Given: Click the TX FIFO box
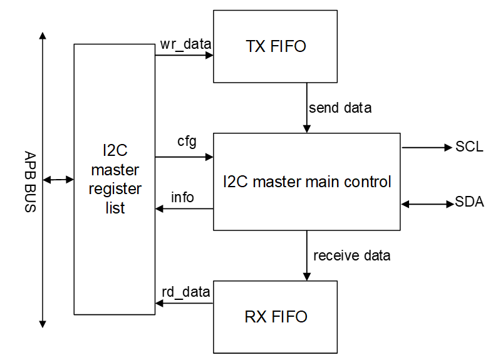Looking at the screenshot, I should click(276, 46).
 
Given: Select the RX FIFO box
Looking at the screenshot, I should click(276, 316).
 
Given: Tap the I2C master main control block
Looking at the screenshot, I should click(306, 182).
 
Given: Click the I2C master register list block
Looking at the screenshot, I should click(115, 179).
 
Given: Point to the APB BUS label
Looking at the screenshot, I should click(29, 182).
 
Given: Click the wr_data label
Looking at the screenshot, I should click(186, 44).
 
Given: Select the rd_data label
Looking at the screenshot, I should click(186, 292).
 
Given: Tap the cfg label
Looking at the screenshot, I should click(187, 141).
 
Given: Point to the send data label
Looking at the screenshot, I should click(340, 108).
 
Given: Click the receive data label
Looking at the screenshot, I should click(351, 255).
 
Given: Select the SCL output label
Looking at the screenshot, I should click(469, 148).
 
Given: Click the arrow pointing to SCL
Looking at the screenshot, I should click(426, 148).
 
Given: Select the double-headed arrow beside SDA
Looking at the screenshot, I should click(427, 203).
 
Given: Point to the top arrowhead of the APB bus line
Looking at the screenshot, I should click(43, 37).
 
